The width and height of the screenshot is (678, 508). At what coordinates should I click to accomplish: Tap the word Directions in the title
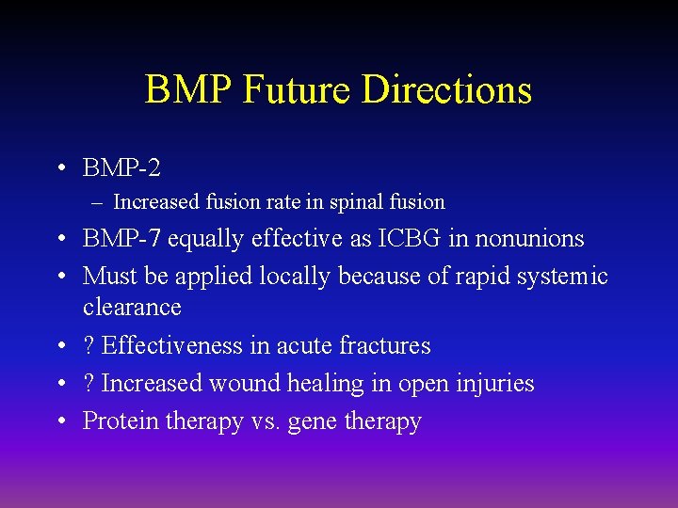(x=447, y=90)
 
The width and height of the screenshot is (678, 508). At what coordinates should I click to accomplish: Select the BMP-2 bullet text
(x=121, y=168)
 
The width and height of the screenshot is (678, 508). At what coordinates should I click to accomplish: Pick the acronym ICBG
(x=410, y=239)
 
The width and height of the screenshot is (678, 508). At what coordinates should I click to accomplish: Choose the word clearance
(x=132, y=308)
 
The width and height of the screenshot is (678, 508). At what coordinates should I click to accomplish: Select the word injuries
(x=494, y=384)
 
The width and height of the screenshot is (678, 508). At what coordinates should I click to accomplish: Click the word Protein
(x=121, y=421)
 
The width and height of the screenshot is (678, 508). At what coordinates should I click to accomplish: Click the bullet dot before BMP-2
(x=59, y=169)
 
